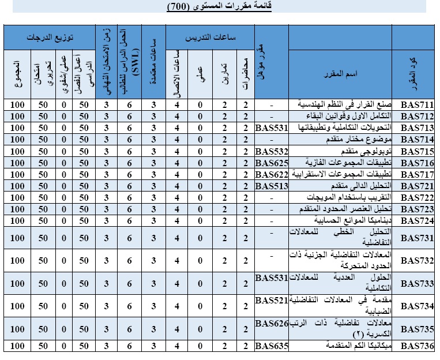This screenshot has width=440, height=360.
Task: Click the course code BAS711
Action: coord(417,105)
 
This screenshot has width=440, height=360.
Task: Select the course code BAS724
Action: coord(417,220)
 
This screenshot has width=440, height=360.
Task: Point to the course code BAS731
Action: coord(417,237)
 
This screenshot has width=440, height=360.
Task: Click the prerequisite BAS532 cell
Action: coord(271,151)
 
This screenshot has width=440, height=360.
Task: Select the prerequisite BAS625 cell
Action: coord(271,163)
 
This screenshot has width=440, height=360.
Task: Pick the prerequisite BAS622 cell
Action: coord(271,174)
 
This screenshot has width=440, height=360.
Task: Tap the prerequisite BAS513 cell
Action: coord(271,186)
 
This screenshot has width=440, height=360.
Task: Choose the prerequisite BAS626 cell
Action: coord(271,324)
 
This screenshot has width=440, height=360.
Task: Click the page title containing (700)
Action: coord(222,6)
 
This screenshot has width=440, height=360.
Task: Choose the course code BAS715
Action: coord(417,151)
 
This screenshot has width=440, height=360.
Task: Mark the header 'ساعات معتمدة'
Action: coord(153,63)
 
